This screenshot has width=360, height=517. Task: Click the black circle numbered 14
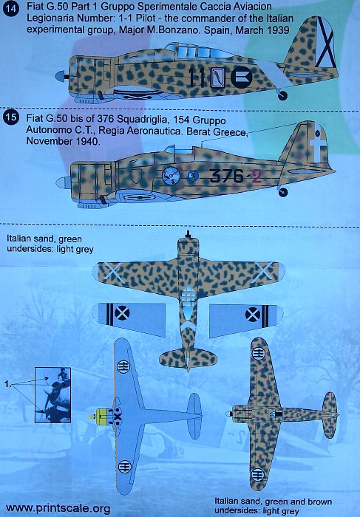pos(10,8)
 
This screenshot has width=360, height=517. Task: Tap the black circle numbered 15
pos(10,117)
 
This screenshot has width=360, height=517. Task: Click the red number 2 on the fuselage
pos(256,175)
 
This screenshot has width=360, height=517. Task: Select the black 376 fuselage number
pos(226,175)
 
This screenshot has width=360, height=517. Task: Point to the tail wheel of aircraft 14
pos(283,95)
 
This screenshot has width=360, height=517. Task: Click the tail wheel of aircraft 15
pos(283,192)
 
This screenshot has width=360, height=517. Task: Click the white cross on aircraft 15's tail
pos(319,145)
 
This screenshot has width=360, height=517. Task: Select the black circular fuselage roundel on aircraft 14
pos(242,78)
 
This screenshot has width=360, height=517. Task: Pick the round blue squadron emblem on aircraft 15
pos(171,176)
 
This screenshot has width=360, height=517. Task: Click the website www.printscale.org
pos(58,508)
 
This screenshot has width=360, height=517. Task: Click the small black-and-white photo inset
pos(52,395)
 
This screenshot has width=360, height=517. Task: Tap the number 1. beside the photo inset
pos(8,384)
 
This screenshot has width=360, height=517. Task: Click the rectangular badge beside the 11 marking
pos(218,78)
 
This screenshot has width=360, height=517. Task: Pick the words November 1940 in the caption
pos(62,141)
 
